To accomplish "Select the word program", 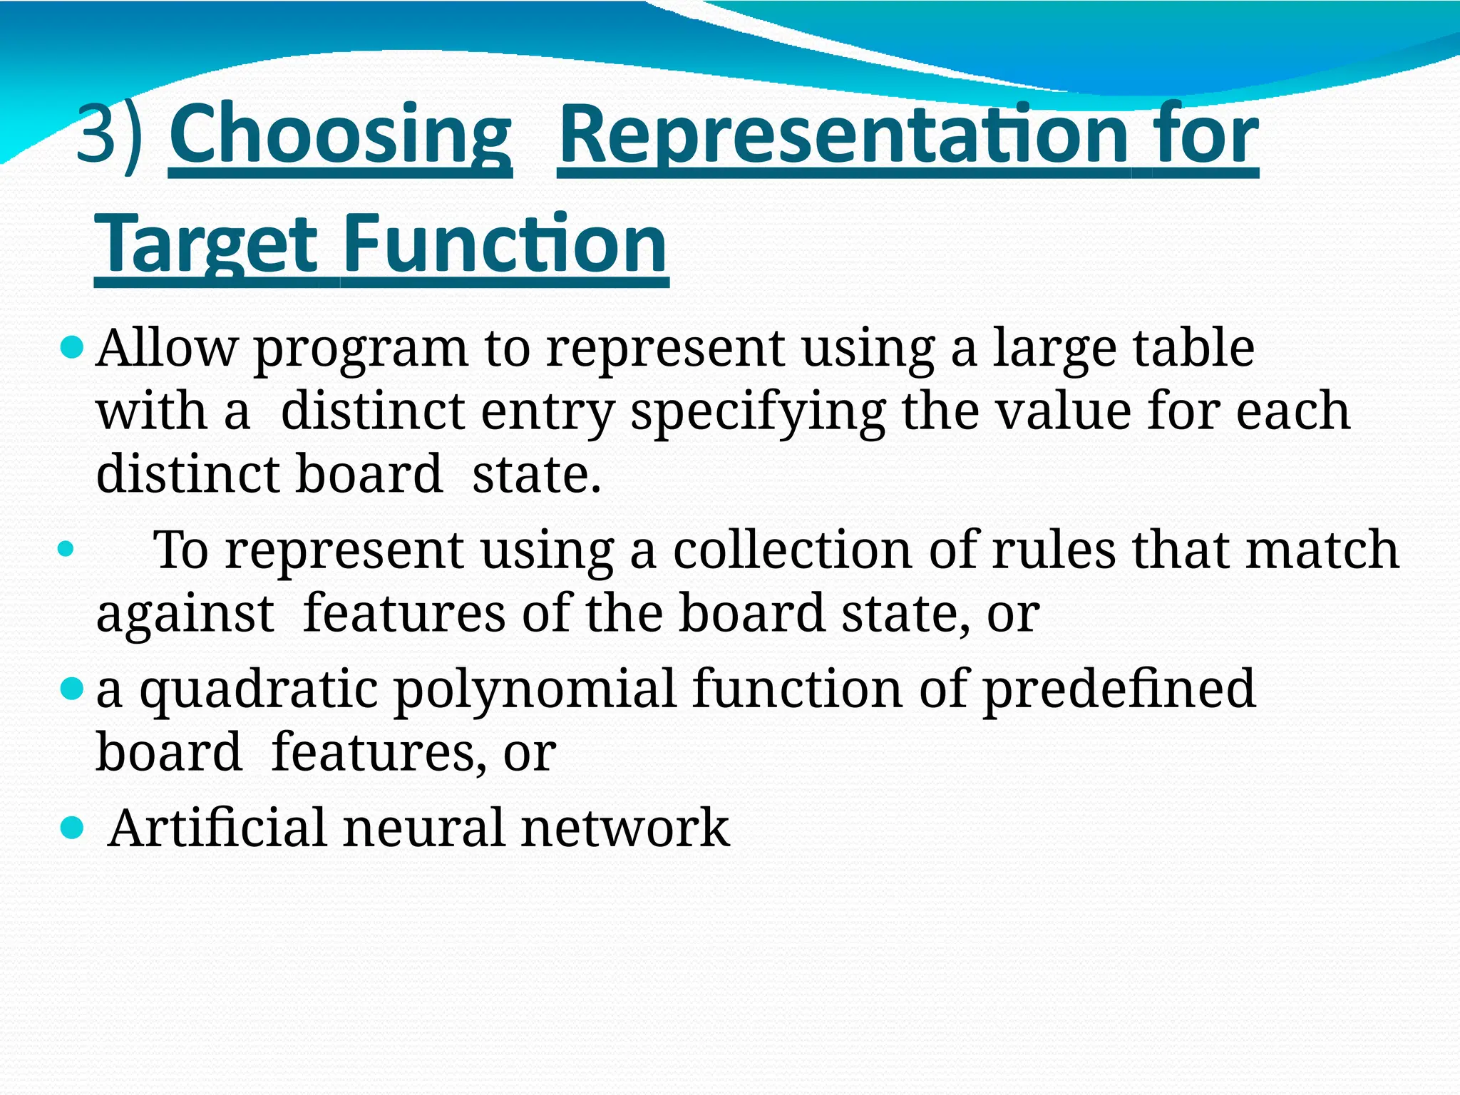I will click(361, 349).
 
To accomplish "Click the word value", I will click(1063, 411).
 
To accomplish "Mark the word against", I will click(185, 614).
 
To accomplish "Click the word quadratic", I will click(258, 690).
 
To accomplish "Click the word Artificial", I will click(217, 828).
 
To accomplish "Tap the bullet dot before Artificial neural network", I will click(72, 828).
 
